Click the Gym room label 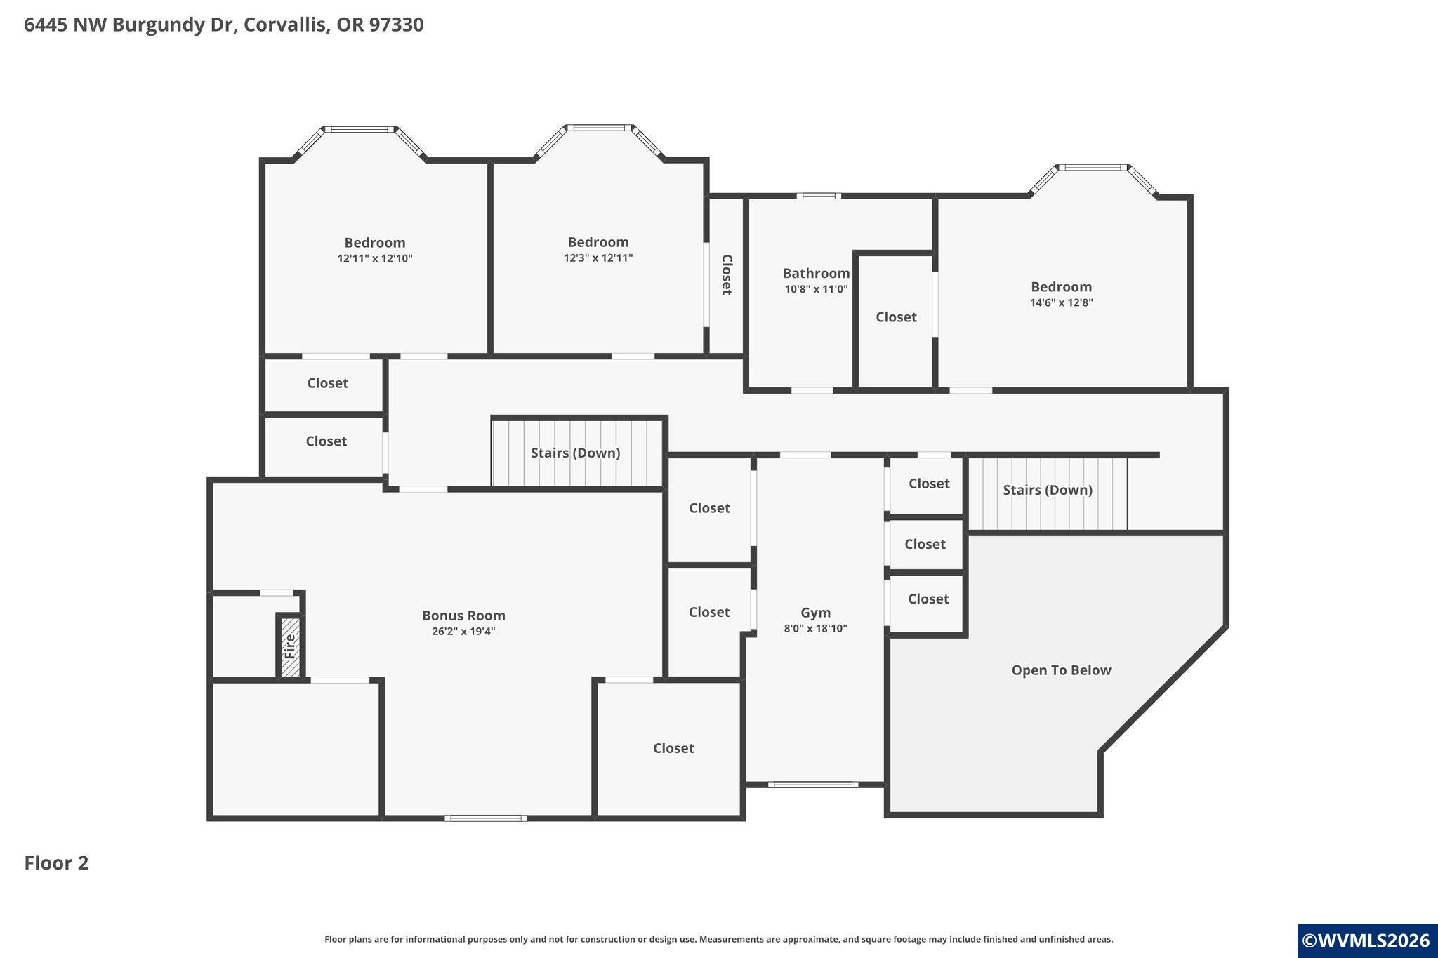[x=815, y=613]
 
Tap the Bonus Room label [x=463, y=616]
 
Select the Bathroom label [x=816, y=273]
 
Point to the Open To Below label [x=1061, y=670]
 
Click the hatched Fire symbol [x=289, y=646]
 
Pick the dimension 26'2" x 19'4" [x=463, y=632]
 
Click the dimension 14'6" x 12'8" [x=1061, y=303]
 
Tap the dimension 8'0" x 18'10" [x=815, y=629]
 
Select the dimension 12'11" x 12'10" [x=375, y=259]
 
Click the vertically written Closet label [x=727, y=274]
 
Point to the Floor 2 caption [x=56, y=863]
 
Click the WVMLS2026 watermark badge [x=1366, y=940]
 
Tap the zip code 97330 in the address [x=395, y=25]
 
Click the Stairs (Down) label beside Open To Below [x=1048, y=490]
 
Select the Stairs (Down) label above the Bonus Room [x=575, y=453]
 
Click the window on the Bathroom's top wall [x=819, y=196]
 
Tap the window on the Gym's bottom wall [x=813, y=785]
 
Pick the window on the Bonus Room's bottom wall [x=486, y=818]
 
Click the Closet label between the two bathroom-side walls [x=896, y=317]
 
